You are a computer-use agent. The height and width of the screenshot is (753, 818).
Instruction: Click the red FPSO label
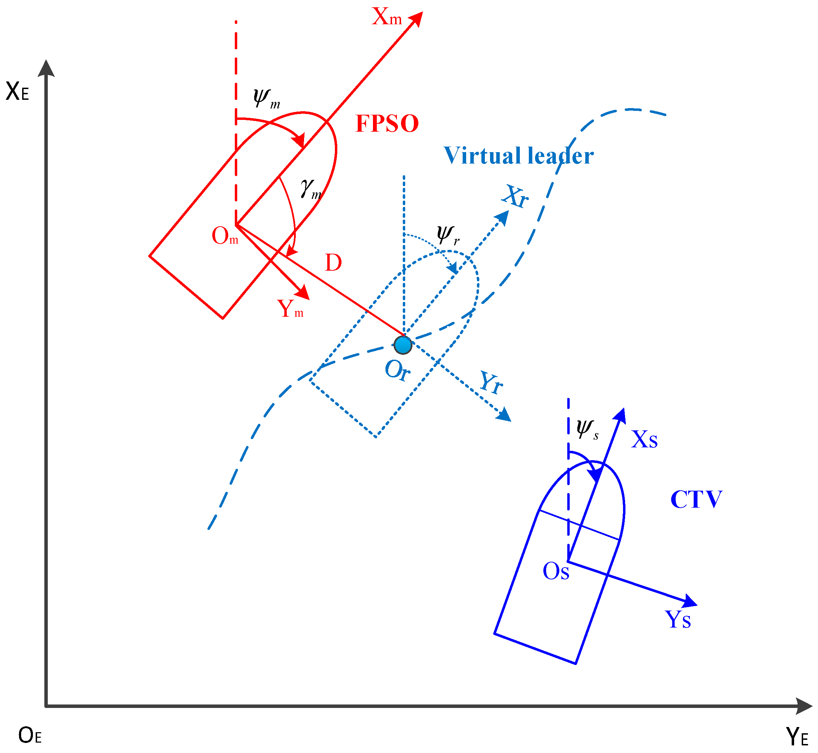point(387,123)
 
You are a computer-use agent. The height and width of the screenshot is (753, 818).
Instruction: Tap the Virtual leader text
point(518,156)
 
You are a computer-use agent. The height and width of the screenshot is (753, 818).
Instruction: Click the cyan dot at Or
point(403,345)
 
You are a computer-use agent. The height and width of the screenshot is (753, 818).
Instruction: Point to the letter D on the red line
point(333,263)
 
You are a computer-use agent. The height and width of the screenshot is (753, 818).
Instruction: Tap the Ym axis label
point(290,309)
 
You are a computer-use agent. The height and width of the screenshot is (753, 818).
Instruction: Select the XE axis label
point(17,92)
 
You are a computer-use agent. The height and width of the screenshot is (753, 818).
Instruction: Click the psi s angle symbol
point(587,429)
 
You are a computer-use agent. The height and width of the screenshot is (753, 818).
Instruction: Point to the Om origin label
point(225,236)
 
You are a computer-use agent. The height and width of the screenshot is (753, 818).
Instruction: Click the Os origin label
point(555,571)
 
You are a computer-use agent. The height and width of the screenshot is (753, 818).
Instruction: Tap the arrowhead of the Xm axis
point(417,18)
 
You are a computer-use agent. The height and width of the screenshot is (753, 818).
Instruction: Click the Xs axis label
point(644,440)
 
